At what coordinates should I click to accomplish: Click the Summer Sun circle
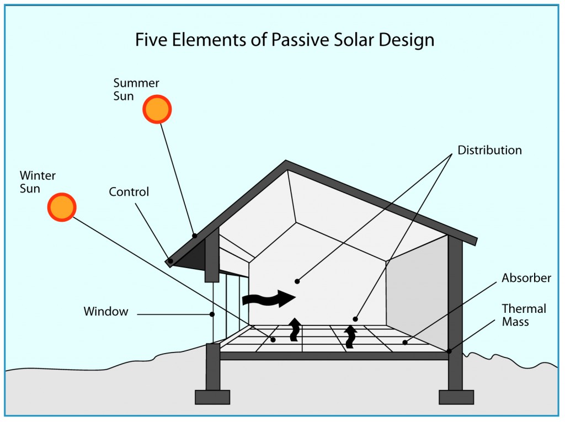tap(157, 109)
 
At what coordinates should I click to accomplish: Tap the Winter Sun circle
tap(61, 207)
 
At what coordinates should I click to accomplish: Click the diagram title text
tap(284, 40)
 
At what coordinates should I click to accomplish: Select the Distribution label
tap(489, 150)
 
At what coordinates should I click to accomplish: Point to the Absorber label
tap(526, 278)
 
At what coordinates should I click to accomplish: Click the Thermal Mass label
tap(524, 314)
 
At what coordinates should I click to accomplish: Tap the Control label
tap(129, 192)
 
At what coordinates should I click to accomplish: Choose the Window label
tap(106, 312)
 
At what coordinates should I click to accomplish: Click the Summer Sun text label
tap(136, 89)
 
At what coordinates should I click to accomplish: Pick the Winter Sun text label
tap(38, 182)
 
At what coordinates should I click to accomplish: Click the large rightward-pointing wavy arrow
tap(269, 298)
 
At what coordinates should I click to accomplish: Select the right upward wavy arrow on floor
tap(349, 336)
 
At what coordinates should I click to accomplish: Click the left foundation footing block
tap(212, 397)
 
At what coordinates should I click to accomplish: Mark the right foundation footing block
tap(456, 397)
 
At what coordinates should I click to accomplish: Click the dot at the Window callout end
tap(212, 315)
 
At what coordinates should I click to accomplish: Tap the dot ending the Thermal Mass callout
tap(450, 350)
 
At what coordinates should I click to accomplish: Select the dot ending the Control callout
tap(171, 261)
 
